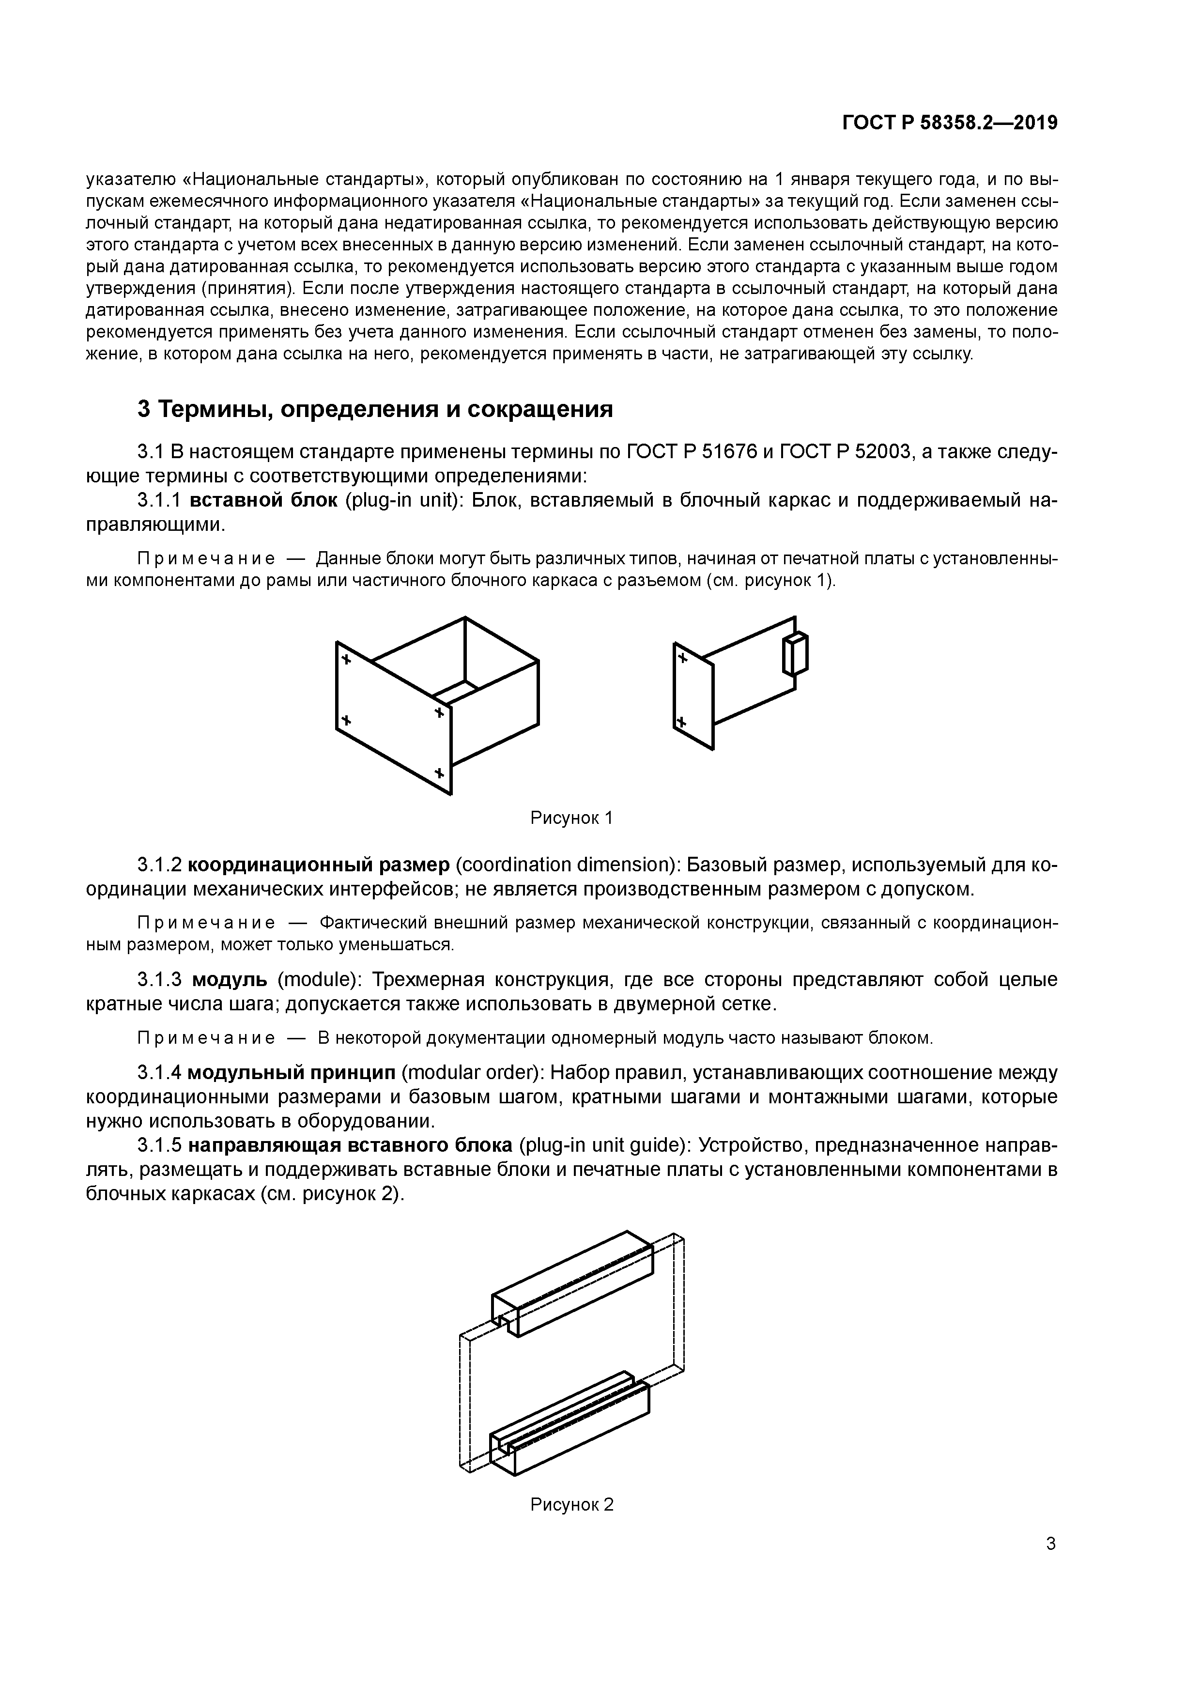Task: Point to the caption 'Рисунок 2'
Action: click(571, 1504)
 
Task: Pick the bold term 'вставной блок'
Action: click(263, 500)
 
